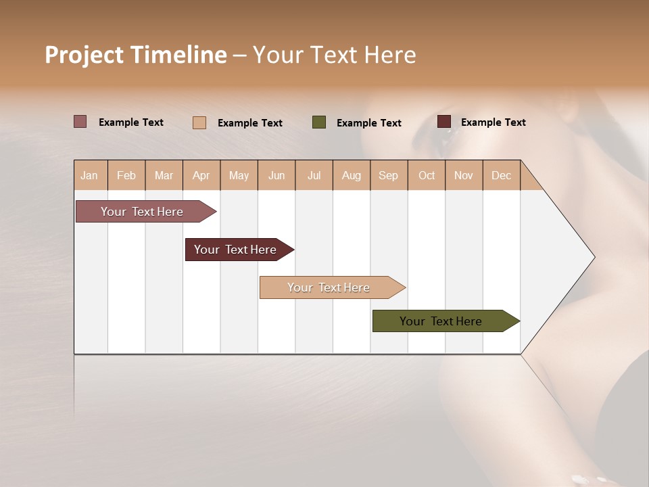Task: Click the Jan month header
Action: (x=90, y=175)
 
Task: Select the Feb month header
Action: (x=126, y=175)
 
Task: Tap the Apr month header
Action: (x=201, y=175)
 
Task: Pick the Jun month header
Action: (x=277, y=175)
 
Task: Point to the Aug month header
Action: (x=352, y=175)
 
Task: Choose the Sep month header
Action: (x=389, y=175)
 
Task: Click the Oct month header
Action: (x=427, y=175)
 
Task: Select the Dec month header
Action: (x=502, y=175)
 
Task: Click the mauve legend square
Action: (x=80, y=122)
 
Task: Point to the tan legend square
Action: (x=199, y=122)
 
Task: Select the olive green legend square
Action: (x=319, y=122)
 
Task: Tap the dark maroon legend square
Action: (x=444, y=122)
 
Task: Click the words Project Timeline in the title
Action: (x=136, y=55)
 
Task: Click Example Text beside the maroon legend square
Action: (x=493, y=122)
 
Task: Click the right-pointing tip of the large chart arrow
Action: (x=593, y=257)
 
